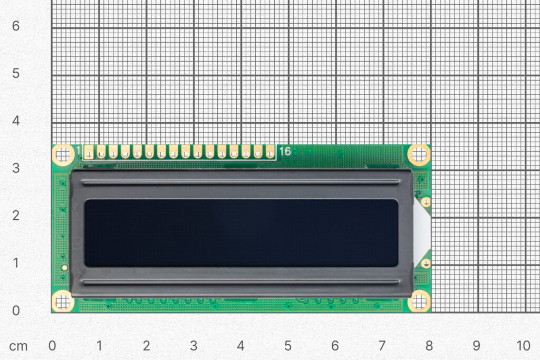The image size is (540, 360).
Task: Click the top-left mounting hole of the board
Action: click(63, 154)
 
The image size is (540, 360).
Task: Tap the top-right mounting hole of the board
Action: click(419, 154)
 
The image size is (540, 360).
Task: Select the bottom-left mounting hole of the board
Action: click(63, 301)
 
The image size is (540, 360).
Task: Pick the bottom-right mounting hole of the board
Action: click(419, 301)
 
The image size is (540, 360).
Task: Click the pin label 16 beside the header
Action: click(285, 152)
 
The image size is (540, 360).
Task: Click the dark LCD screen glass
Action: click(241, 232)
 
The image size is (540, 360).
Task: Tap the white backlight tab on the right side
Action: click(422, 232)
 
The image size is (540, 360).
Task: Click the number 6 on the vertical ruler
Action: click(16, 26)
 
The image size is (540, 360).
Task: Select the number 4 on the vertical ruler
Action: click(16, 121)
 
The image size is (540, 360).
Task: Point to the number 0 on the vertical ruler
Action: click(16, 310)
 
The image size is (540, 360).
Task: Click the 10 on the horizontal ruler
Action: click(523, 346)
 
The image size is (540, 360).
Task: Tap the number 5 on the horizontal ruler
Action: click(288, 346)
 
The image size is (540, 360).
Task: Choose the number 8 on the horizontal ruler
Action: click(429, 346)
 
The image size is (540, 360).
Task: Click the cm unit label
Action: click(18, 346)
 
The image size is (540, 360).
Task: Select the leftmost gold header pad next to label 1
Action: click(89, 152)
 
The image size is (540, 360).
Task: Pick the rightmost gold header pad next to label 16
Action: click(270, 152)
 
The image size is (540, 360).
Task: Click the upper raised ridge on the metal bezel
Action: click(241, 182)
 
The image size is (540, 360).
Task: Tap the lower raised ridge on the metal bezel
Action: click(241, 283)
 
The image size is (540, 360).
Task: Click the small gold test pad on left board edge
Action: click(64, 268)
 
